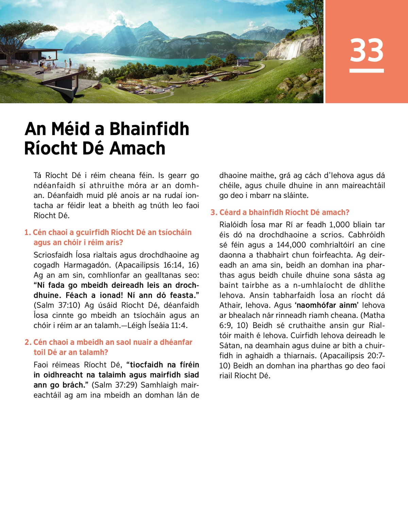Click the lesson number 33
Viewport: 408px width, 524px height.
367,50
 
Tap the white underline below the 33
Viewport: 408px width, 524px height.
367,71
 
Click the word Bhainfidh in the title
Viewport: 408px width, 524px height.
149,129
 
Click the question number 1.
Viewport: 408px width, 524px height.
27,233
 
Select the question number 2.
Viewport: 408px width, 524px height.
28,342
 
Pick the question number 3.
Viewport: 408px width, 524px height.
214,213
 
